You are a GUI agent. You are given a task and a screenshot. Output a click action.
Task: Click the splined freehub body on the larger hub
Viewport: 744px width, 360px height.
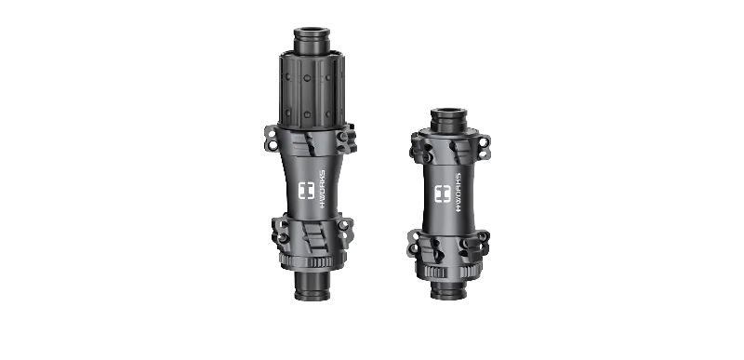312,90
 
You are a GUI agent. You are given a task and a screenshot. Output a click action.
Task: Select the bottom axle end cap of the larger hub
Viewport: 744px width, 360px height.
312,286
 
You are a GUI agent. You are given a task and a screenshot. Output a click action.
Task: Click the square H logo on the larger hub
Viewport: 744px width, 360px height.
307,191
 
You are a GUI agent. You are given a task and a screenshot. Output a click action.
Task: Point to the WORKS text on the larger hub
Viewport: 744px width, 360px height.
322,190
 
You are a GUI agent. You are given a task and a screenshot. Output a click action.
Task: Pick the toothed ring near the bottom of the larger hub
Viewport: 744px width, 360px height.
312,261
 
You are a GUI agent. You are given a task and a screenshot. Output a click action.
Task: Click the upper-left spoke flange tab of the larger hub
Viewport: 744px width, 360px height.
271,139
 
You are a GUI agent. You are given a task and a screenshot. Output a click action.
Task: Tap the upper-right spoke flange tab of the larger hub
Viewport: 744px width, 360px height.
346,138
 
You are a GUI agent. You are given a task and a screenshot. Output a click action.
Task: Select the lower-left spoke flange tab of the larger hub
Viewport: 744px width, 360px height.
280,231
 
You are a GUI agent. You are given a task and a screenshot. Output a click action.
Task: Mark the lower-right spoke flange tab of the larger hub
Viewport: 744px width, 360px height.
345,230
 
